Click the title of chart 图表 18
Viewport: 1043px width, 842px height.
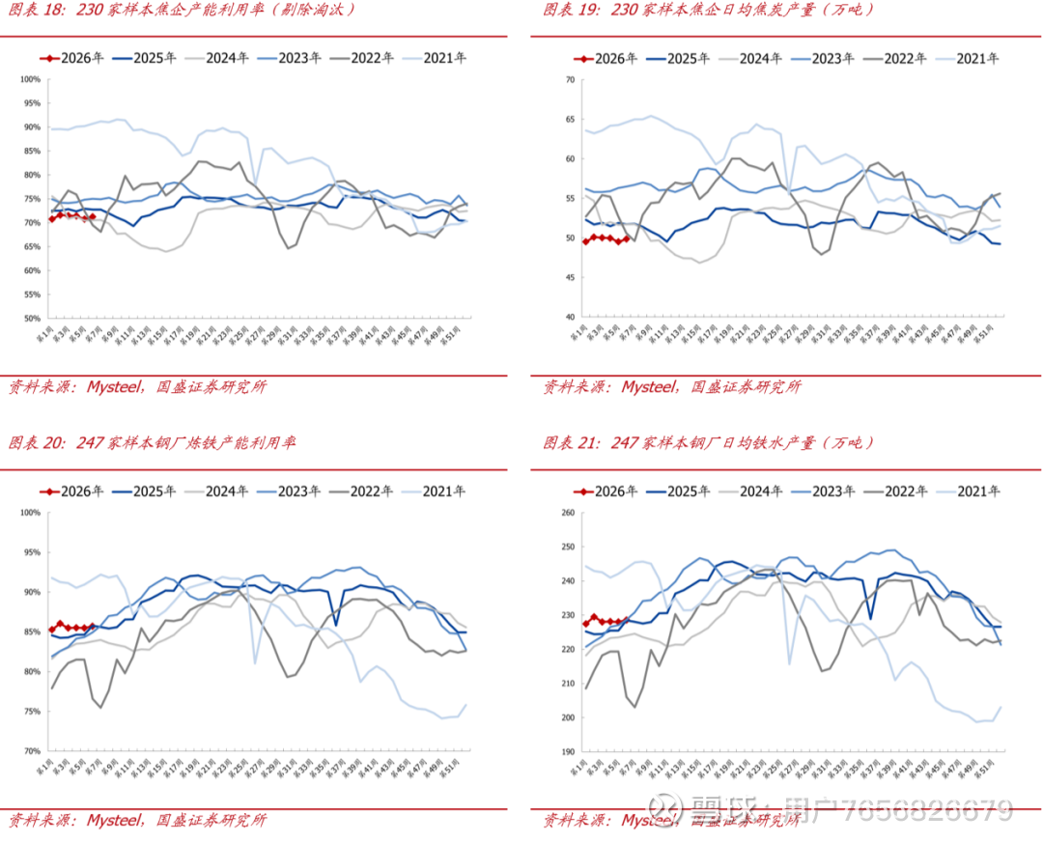(183, 11)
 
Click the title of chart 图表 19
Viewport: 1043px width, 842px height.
(709, 11)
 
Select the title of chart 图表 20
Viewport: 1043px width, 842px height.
(153, 443)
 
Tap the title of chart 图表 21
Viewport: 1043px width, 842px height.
(709, 443)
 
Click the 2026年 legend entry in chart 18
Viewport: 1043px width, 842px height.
(73, 58)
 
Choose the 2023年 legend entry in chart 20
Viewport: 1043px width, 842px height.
(290, 491)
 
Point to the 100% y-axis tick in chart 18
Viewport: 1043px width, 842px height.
(31, 79)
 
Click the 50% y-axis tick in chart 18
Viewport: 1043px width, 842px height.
(32, 318)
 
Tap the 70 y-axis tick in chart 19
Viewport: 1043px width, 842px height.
(568, 79)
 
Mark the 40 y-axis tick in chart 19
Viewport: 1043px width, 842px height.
(568, 317)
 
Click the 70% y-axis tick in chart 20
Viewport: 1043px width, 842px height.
(32, 750)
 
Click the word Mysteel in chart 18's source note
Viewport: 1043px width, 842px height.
(115, 387)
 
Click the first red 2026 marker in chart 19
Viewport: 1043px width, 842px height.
(586, 241)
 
